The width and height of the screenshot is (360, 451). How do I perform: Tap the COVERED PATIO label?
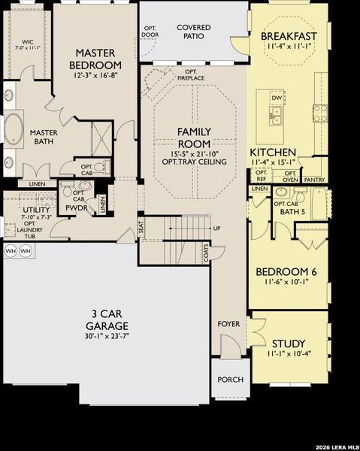(x=193, y=32)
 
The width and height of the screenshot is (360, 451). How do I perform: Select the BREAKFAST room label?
(x=288, y=36)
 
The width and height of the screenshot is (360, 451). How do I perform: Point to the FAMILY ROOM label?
(x=193, y=138)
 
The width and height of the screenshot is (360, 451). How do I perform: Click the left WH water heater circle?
(x=10, y=251)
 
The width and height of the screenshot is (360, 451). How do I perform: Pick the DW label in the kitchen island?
(x=277, y=98)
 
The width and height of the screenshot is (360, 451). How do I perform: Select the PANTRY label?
(x=315, y=180)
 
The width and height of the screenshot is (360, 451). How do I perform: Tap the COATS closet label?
(x=206, y=255)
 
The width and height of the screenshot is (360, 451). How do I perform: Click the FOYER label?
(x=228, y=324)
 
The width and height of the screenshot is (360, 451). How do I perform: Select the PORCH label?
(x=230, y=380)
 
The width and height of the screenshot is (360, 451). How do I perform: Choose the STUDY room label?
(x=289, y=342)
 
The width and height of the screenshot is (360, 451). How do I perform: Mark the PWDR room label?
(x=77, y=207)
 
